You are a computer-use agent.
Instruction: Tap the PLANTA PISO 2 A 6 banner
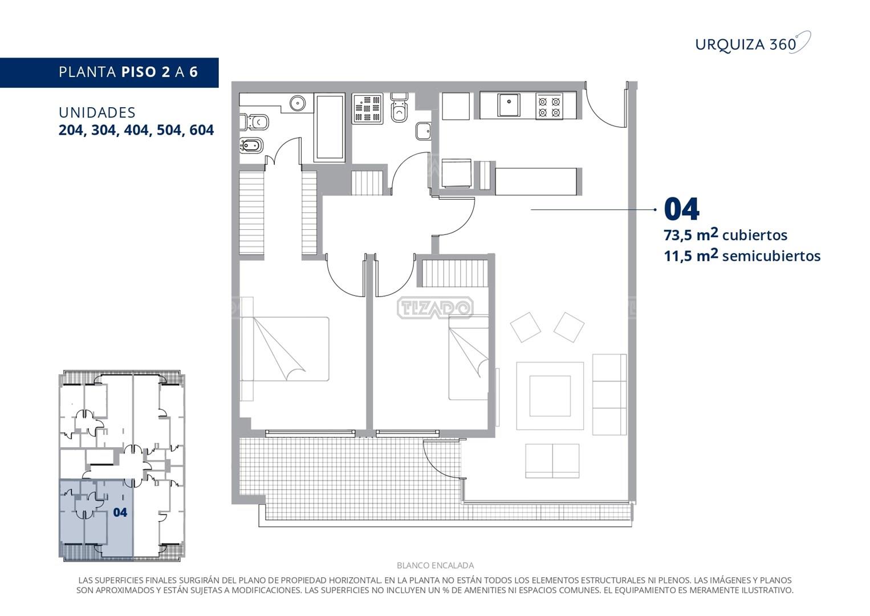point(109,72)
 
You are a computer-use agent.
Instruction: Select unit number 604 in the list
point(202,130)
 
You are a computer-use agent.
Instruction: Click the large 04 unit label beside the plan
point(682,209)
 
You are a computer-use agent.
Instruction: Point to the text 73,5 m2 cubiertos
point(726,235)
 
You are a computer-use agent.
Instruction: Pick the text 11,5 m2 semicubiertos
point(742,256)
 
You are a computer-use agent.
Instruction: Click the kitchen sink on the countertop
point(509,105)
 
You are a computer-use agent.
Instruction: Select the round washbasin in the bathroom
point(298,103)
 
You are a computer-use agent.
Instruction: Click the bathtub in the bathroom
point(330,127)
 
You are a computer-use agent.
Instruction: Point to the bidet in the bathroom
point(250,146)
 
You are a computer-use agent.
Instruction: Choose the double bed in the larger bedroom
point(284,348)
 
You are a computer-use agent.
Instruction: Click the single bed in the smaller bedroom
point(469,358)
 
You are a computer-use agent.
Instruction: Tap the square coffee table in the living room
point(550,396)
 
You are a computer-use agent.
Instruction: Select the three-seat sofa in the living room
point(609,394)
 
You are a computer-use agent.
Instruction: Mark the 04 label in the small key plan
point(120,512)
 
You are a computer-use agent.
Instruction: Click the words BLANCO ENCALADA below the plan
point(435,565)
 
